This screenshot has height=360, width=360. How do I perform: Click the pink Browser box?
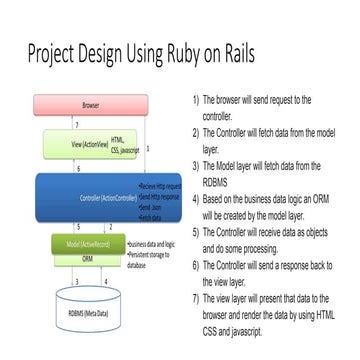tap(76, 104)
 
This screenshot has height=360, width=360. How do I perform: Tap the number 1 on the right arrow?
tap(147, 147)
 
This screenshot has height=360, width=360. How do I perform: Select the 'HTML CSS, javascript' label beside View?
tap(118, 144)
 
